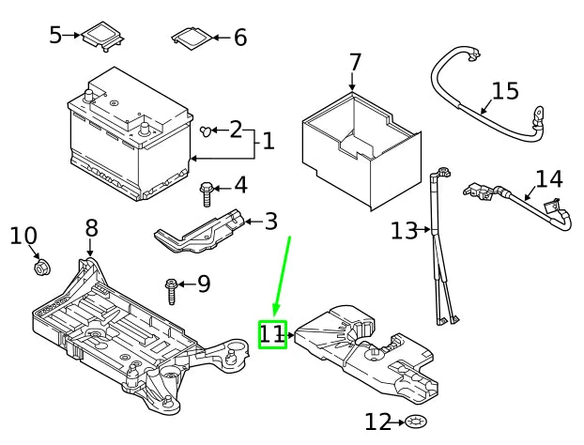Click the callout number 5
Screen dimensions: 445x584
coord(55,36)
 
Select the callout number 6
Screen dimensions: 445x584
coord(239,38)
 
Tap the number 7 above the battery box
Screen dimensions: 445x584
coord(354,63)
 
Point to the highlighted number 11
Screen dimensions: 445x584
coord(271,333)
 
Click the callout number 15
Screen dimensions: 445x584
coord(504,91)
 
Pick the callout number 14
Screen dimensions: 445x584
coord(548,179)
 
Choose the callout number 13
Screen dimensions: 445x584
coord(403,230)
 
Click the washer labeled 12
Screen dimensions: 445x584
coord(418,422)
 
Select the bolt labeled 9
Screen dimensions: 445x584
coord(172,290)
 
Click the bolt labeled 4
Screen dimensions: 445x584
coord(207,193)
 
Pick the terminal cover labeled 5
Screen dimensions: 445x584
coord(102,37)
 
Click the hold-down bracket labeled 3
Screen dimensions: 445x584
coord(202,234)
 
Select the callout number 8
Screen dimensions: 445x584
coord(91,227)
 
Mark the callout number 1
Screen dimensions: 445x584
coord(268,141)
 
